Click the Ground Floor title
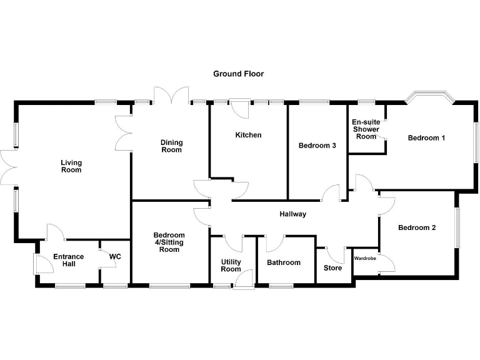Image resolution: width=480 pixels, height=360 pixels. [x=238, y=74]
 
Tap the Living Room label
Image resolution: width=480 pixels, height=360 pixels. [x=71, y=166]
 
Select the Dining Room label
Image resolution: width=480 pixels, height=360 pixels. [x=171, y=146]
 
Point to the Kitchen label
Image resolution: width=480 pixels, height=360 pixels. [x=248, y=135]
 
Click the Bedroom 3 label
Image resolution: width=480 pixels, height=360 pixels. [x=317, y=146]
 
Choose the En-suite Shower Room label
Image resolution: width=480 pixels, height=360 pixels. [x=366, y=129]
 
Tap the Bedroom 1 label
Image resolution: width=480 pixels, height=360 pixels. [x=426, y=137]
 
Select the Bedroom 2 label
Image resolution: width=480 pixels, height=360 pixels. [x=417, y=227]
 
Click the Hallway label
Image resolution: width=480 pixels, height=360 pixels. [x=292, y=214]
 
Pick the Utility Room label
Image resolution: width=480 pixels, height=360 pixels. [x=231, y=266]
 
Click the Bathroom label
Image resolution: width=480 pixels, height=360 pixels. [x=284, y=262]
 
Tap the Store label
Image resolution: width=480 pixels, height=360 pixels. [x=332, y=268]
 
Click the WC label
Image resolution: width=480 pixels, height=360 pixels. [x=114, y=256]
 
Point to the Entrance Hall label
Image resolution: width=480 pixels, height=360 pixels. [x=68, y=261]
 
